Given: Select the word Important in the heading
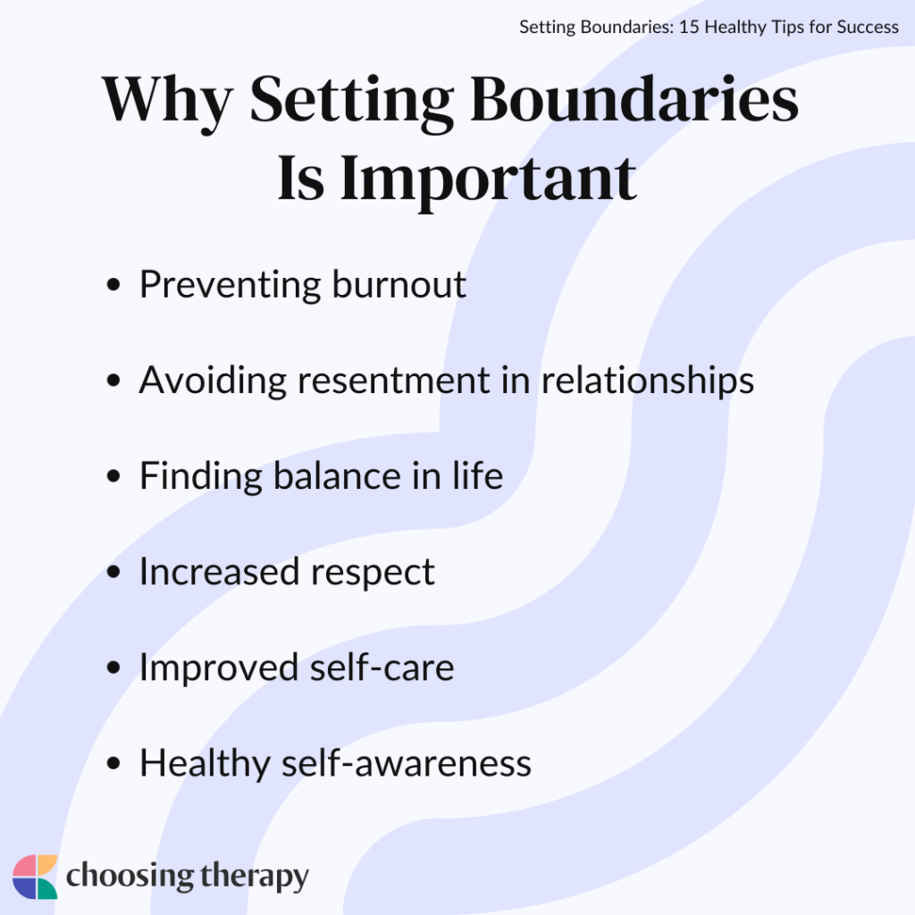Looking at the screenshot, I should point(488,179).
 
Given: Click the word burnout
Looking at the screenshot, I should point(399,285).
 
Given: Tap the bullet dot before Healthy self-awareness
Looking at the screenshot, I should point(113,765).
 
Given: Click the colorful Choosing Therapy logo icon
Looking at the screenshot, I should point(36,877).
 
